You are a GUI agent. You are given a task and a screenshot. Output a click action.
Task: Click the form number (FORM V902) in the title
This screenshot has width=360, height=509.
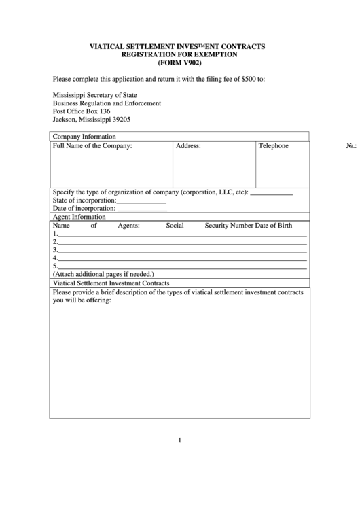(179, 63)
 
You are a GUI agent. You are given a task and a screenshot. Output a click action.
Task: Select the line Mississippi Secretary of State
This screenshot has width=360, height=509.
(98, 94)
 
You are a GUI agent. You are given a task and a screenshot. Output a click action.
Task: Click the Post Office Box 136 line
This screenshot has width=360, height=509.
(82, 111)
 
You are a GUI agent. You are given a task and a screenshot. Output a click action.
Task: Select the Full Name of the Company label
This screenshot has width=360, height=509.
(92, 145)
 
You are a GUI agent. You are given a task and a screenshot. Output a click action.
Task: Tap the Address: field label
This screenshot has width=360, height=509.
(188, 145)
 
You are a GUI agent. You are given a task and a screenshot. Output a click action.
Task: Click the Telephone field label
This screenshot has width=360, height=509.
(273, 145)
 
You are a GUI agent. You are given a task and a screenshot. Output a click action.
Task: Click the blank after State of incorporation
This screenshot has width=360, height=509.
(141, 201)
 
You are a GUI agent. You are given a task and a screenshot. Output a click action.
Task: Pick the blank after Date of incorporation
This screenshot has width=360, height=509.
(142, 209)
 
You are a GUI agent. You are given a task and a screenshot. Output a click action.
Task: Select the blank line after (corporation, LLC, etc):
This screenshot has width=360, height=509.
(272, 193)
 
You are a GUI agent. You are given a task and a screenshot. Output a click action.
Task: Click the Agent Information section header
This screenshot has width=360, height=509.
(79, 217)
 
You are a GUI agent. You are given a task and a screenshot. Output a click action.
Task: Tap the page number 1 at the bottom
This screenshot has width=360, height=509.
(179, 440)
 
